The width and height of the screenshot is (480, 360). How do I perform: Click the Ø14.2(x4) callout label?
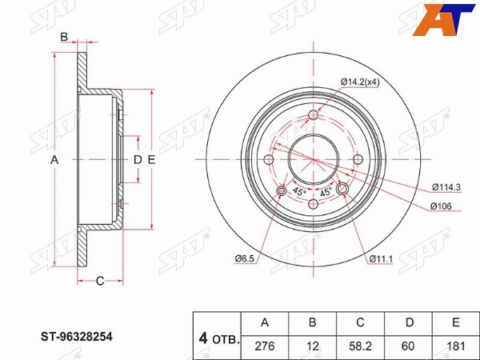[x=360, y=82]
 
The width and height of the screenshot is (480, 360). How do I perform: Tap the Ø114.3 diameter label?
[x=446, y=187]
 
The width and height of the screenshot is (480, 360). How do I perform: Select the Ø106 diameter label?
[x=441, y=206]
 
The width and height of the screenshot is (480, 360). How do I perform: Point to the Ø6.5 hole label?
[x=245, y=258]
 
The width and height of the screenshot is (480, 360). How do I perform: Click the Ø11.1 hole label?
[x=381, y=258]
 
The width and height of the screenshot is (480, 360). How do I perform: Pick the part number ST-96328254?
[x=77, y=337]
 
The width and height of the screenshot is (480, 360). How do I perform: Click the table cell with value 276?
[x=265, y=346]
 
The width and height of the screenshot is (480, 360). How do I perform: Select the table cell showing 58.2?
[x=360, y=346]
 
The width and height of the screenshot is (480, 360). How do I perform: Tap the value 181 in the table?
[x=456, y=346]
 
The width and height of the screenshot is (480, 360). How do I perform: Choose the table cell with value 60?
[x=408, y=346]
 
